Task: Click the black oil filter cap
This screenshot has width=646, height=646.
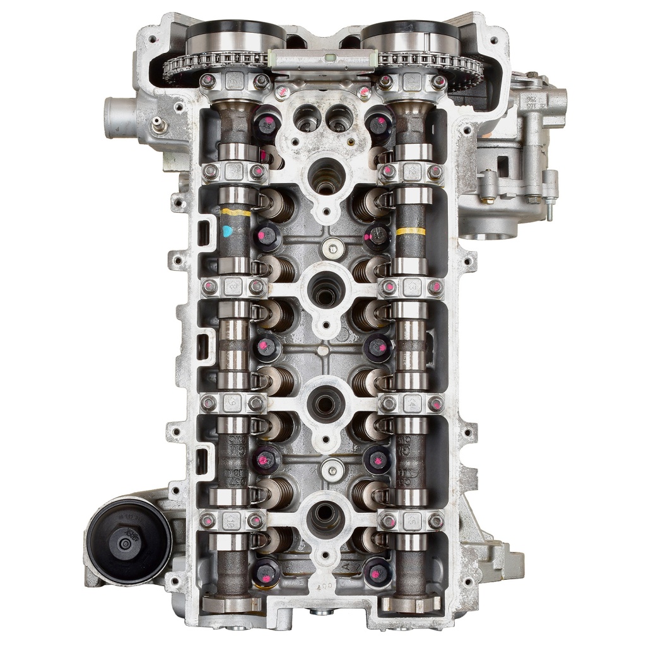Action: (x=129, y=541)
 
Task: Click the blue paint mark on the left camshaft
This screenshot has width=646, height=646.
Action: (x=228, y=231)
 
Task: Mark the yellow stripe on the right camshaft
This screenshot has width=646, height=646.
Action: (x=410, y=231)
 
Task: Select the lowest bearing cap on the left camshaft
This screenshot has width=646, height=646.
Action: (x=232, y=520)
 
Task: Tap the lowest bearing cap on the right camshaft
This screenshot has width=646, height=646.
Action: (x=411, y=520)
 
